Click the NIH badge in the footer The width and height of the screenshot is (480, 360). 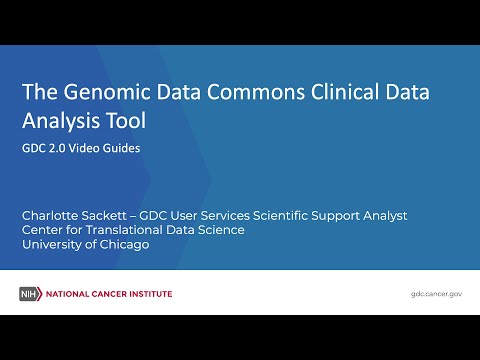(x=29, y=294)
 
